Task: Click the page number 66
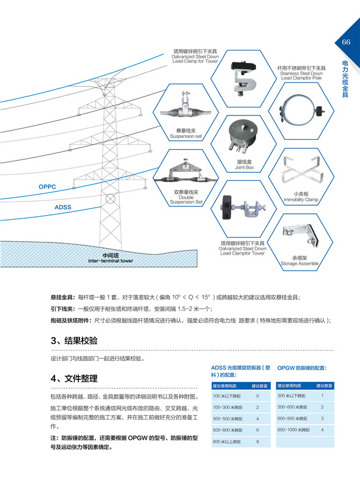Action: coord(346,42)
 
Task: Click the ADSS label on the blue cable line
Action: coord(63,207)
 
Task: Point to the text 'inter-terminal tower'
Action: coord(110,261)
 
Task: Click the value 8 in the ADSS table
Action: coord(258,441)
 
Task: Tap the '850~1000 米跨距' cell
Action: coord(296,430)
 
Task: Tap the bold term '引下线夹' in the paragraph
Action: coord(63,309)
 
